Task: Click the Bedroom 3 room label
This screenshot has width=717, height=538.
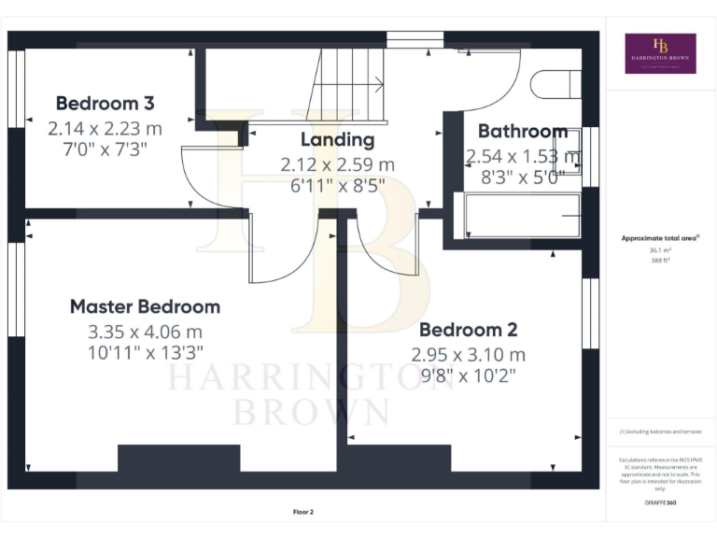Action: pyautogui.click(x=105, y=103)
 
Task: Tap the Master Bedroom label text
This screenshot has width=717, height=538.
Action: pyautogui.click(x=145, y=306)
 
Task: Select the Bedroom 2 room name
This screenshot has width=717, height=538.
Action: pyautogui.click(x=468, y=330)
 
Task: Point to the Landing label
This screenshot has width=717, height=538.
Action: pyautogui.click(x=337, y=140)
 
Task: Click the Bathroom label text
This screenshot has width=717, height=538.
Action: pyautogui.click(x=522, y=132)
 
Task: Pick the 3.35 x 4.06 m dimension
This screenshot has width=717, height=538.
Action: pyautogui.click(x=145, y=331)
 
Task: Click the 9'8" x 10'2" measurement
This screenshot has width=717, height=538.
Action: pyautogui.click(x=468, y=375)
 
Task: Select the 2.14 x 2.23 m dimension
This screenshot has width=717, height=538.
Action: pyautogui.click(x=105, y=127)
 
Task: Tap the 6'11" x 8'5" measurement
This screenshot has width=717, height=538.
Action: pyautogui.click(x=337, y=185)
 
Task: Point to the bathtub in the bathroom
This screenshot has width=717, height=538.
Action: pyautogui.click(x=521, y=217)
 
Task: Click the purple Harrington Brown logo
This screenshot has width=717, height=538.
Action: pyautogui.click(x=660, y=53)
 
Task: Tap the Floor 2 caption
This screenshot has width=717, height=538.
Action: pyautogui.click(x=303, y=512)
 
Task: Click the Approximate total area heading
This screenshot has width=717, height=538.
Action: pyautogui.click(x=659, y=239)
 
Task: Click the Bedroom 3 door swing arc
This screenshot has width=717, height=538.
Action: pyautogui.click(x=207, y=182)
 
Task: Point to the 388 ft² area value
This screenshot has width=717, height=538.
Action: pyautogui.click(x=659, y=261)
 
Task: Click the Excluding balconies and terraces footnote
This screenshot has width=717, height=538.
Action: pyautogui.click(x=659, y=432)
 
